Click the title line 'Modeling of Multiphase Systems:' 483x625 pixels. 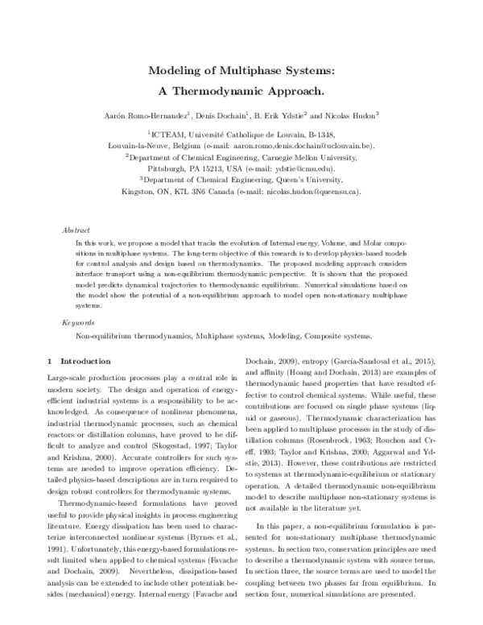[241, 71]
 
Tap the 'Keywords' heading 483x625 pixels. [80, 321]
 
